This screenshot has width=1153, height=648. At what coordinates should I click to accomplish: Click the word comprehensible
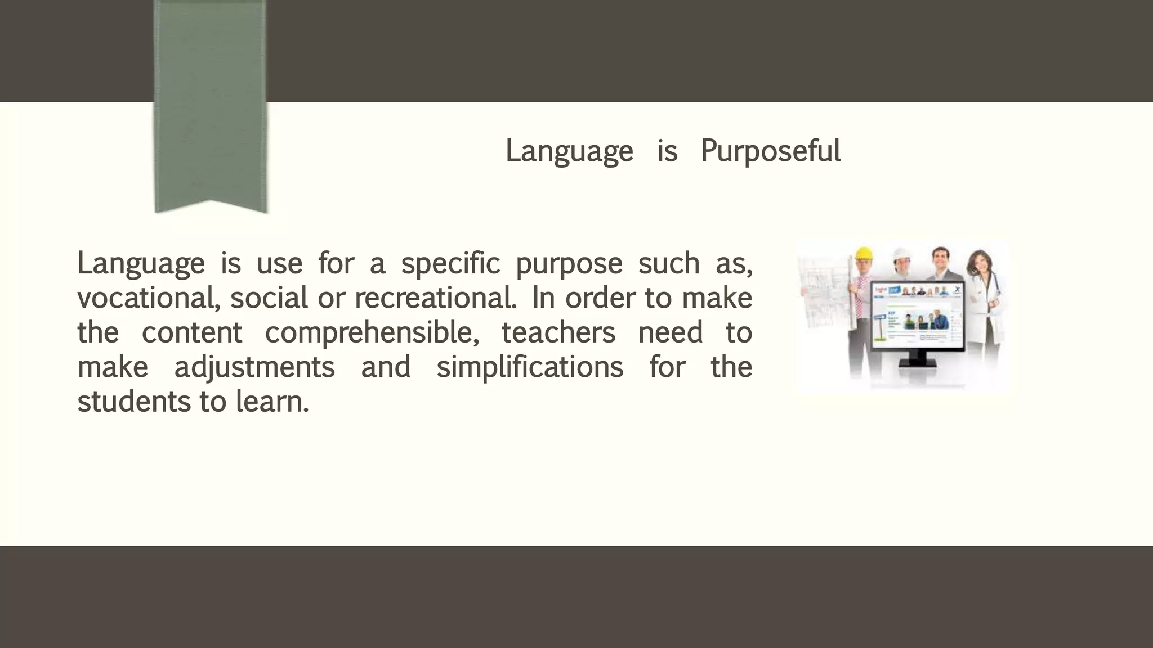coord(372,333)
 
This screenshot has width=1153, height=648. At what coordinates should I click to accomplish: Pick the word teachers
coord(558,333)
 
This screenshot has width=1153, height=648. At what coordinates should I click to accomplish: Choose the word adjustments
coord(254,367)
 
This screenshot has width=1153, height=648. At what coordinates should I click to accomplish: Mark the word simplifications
coord(530,367)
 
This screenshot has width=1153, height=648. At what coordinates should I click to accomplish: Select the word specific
coord(450,263)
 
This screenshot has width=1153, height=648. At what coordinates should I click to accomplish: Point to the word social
coord(269,298)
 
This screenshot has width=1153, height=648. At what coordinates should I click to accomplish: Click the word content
coord(191,333)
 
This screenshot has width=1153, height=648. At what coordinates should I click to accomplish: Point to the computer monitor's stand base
coord(917,363)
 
